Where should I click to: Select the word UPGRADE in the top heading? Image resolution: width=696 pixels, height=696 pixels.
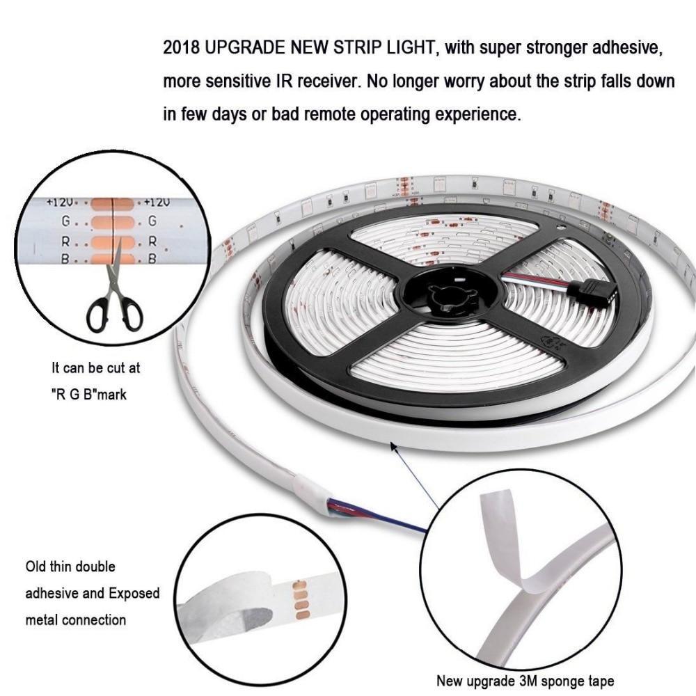click(x=246, y=47)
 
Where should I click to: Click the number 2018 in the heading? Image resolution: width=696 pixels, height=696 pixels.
click(x=181, y=47)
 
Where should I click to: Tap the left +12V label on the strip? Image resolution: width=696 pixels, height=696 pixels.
click(x=60, y=203)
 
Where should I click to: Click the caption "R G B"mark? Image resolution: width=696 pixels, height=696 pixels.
click(x=89, y=394)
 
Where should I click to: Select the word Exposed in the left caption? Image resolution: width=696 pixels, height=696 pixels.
click(x=134, y=594)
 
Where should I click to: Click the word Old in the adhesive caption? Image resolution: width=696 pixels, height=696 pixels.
click(x=35, y=567)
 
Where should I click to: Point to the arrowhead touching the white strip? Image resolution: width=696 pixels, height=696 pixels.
click(x=393, y=446)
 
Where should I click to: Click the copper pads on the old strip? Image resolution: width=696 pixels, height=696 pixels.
click(x=301, y=600)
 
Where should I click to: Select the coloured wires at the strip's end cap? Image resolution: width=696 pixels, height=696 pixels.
click(x=377, y=516)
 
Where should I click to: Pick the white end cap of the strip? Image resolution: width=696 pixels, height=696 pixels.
click(x=310, y=493)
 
